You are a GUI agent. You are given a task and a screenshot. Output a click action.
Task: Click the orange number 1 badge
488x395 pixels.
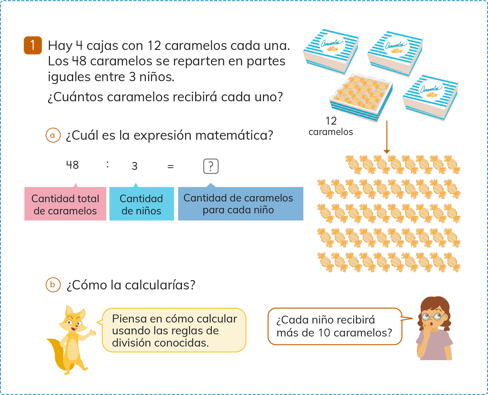pyautogui.click(x=33, y=45)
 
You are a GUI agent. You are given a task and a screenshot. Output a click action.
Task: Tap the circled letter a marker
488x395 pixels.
pyautogui.click(x=53, y=135)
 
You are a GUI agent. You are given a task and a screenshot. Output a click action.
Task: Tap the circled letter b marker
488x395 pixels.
pyautogui.click(x=53, y=285)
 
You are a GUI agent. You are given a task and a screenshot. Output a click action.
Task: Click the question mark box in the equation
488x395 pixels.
pyautogui.click(x=211, y=166)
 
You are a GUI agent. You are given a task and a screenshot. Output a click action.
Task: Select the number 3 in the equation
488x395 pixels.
pyautogui.click(x=135, y=166)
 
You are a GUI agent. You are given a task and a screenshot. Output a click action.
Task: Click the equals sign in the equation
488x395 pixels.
pyautogui.click(x=170, y=166)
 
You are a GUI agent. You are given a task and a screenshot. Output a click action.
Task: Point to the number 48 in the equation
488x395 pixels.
pyautogui.click(x=72, y=165)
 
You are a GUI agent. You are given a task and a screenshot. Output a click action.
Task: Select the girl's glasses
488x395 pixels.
pyautogui.click(x=432, y=316)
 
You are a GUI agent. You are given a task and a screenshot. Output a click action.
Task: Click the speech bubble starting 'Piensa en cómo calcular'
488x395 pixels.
pyautogui.click(x=174, y=330)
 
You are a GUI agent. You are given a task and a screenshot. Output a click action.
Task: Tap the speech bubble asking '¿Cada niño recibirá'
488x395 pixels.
pyautogui.click(x=334, y=326)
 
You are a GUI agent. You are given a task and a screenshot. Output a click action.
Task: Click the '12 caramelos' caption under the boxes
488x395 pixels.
pyautogui.click(x=331, y=126)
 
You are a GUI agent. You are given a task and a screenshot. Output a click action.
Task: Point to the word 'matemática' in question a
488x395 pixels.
pyautogui.click(x=234, y=135)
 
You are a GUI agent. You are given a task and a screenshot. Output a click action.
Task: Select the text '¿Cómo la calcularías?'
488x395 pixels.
pyautogui.click(x=131, y=285)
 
